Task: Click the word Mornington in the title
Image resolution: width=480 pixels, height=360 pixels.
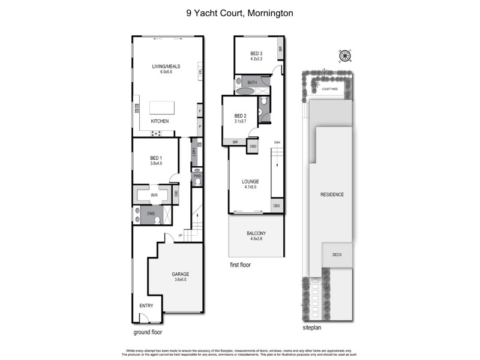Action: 269,13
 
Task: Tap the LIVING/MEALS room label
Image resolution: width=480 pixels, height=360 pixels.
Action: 166,66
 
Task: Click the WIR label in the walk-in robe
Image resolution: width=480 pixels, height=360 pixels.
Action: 154,195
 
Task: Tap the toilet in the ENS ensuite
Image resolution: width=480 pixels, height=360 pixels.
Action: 157,220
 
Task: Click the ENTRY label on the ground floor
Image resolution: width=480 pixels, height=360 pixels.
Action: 146,305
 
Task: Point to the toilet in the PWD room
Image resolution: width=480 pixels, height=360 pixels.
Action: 197,181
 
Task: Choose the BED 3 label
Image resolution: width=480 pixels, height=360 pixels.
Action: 256,53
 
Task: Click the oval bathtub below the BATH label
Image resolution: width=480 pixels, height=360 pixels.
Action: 245,92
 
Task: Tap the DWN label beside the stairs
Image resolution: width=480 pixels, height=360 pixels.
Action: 277,142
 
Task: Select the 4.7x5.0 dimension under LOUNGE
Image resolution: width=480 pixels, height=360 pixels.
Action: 250,187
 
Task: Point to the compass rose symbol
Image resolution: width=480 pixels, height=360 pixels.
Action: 345,56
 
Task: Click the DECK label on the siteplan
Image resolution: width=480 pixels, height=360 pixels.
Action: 337,254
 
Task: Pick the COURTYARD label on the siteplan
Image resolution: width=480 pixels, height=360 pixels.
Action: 329,89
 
